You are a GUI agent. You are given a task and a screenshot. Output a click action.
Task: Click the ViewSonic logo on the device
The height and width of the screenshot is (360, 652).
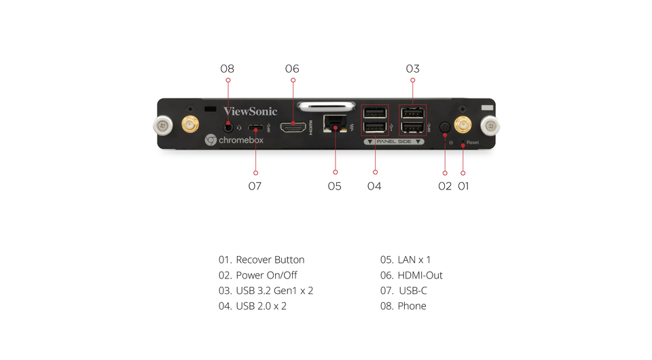pos(251,111)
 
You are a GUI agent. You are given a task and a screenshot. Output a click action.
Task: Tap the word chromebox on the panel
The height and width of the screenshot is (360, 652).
pos(240,140)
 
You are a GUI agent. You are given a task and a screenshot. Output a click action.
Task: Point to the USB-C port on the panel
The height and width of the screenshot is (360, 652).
pos(255,127)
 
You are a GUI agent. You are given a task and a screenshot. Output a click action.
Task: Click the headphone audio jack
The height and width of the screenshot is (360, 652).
pos(228,126)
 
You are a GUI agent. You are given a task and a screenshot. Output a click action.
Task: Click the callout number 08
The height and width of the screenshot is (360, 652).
pos(228,69)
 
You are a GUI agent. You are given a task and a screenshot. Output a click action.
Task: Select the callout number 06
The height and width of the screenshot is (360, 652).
pos(292,69)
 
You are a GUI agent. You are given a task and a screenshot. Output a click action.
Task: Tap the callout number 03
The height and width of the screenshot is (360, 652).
pos(412,69)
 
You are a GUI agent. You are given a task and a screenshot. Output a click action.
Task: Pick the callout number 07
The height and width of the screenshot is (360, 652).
pos(255,186)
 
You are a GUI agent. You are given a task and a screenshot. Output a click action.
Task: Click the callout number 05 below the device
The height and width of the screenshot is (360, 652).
pos(334,186)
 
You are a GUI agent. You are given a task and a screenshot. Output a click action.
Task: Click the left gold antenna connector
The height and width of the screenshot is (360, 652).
pos(189,125)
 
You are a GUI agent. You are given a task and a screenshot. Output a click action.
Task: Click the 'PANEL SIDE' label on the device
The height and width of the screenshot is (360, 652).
pos(394,141)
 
